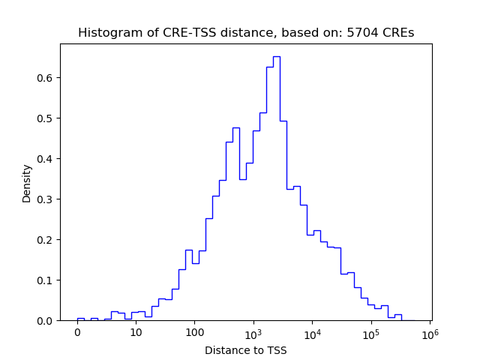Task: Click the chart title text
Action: point(246,33)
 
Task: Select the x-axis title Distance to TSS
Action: point(246,349)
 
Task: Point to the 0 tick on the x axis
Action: point(77,333)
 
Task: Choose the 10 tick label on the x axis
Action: point(136,333)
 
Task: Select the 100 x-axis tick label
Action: point(194,333)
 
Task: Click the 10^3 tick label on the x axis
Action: point(253,332)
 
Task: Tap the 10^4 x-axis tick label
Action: point(312,332)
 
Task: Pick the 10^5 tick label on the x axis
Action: point(370,332)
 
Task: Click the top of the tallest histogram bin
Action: point(276,56)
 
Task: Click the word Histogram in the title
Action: point(105,33)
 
